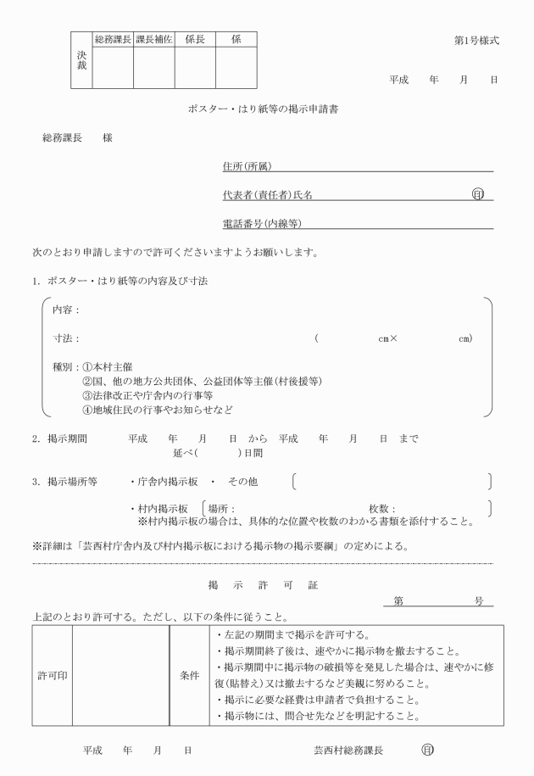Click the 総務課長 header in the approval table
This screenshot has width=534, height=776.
click(113, 40)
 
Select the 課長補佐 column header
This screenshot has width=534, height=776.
click(154, 40)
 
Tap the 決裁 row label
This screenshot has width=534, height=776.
click(81, 59)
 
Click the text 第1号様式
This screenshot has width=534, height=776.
click(476, 41)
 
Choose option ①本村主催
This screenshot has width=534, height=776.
click(106, 368)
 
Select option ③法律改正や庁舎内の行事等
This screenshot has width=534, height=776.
click(147, 395)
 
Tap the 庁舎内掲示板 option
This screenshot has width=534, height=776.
click(167, 482)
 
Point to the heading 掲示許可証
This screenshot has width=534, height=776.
click(264, 585)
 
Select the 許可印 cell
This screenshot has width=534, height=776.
click(51, 676)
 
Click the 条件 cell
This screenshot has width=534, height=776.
click(189, 676)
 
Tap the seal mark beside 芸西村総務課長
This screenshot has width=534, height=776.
click(428, 751)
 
